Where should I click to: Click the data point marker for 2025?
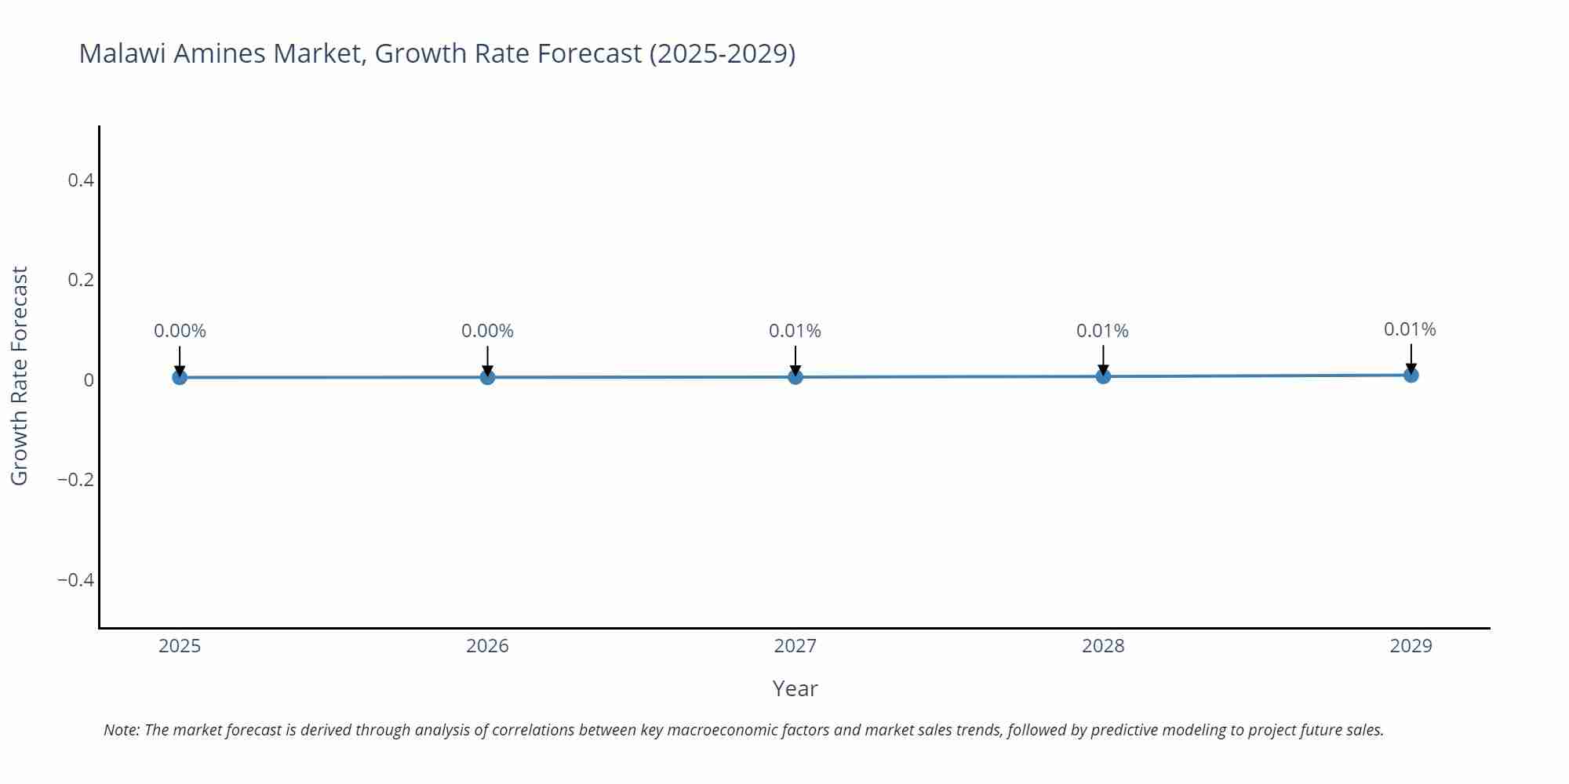click(x=180, y=377)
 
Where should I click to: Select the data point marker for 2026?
click(x=487, y=377)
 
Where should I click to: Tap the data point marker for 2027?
click(x=795, y=377)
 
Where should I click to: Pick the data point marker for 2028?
click(x=1103, y=376)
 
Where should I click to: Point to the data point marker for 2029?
click(x=1411, y=376)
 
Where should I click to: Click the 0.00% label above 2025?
click(x=180, y=331)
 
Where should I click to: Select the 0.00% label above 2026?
click(x=487, y=331)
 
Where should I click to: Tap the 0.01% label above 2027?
click(x=795, y=331)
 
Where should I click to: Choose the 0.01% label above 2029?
click(x=1410, y=329)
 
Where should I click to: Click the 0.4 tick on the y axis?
click(x=81, y=180)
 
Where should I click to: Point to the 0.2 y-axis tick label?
click(x=81, y=280)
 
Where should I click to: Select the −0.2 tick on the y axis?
click(x=76, y=480)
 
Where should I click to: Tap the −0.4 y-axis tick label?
click(x=76, y=580)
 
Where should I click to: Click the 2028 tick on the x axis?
click(x=1103, y=646)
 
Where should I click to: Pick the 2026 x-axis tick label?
click(x=487, y=646)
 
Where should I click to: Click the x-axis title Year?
click(x=795, y=688)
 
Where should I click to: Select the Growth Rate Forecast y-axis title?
click(x=20, y=376)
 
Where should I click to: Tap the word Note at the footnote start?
click(x=121, y=730)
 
